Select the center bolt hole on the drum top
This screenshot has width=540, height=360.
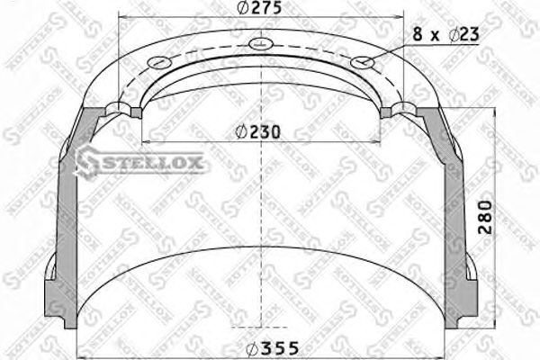[x=258, y=44]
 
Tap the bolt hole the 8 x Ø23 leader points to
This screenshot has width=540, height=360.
[x=363, y=62]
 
